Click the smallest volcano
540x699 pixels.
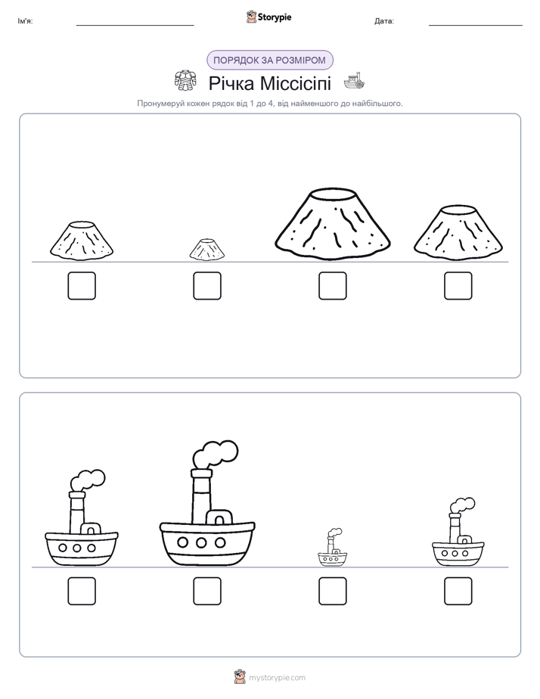[x=206, y=250]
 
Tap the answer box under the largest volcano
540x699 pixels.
[x=332, y=286]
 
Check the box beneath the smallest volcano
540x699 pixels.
[x=207, y=286]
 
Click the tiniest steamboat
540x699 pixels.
[x=332, y=548]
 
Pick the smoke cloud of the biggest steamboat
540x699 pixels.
[x=216, y=454]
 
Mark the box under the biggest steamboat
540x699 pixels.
[x=207, y=591]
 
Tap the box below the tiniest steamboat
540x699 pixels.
[x=332, y=591]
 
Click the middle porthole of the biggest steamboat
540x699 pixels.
[x=201, y=542]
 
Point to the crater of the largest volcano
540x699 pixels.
[x=334, y=194]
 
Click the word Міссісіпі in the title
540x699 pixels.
[x=295, y=83]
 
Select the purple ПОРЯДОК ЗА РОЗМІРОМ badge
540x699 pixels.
[x=269, y=61]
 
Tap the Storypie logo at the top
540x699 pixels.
[x=268, y=17]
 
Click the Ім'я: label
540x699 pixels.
[x=25, y=21]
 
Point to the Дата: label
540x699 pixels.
[x=384, y=21]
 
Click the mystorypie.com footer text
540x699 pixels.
[x=277, y=678]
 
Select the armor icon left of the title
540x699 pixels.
[x=185, y=81]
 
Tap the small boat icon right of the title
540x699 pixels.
[x=354, y=80]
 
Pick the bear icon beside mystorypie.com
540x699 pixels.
[x=240, y=677]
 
